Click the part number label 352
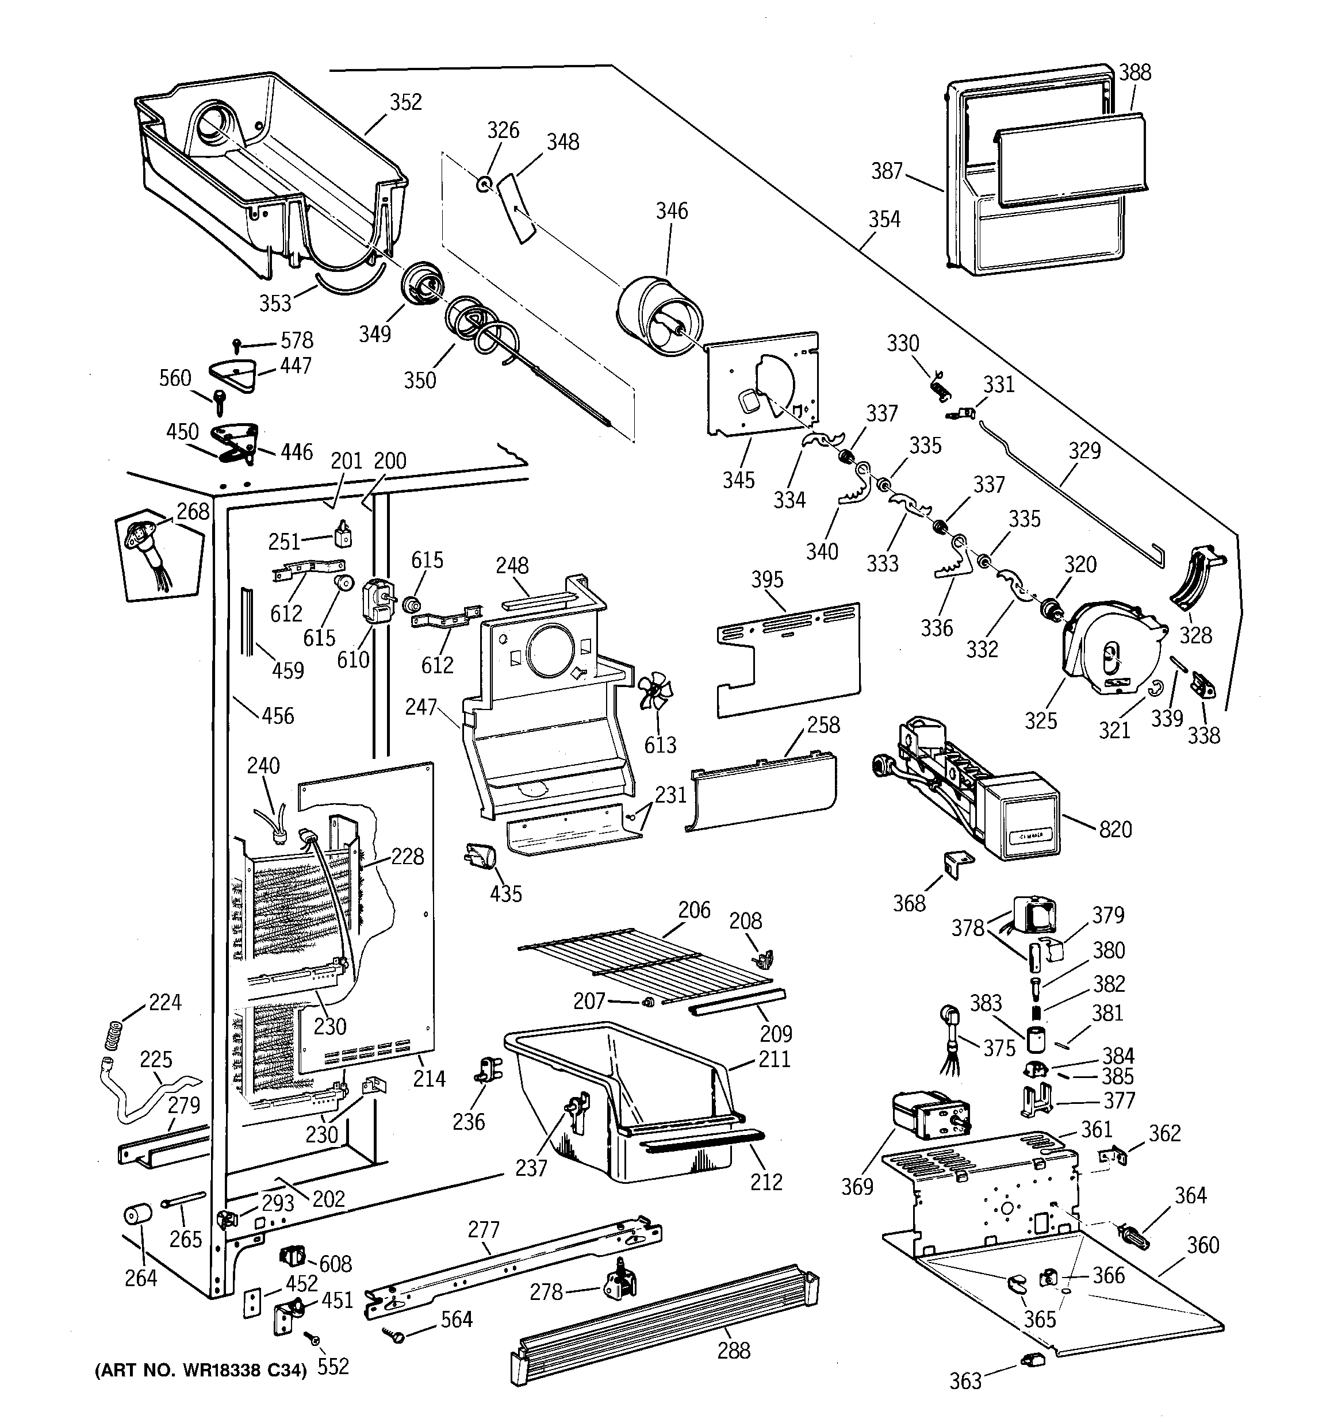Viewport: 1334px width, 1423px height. [x=406, y=102]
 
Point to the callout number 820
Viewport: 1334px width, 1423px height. [x=1115, y=830]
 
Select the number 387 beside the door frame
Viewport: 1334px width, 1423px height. [x=887, y=171]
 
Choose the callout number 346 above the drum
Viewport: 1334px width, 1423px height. [x=672, y=210]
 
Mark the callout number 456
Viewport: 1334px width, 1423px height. [x=278, y=715]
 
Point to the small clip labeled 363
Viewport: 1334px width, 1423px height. [x=1029, y=1359]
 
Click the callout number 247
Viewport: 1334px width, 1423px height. [x=420, y=707]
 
